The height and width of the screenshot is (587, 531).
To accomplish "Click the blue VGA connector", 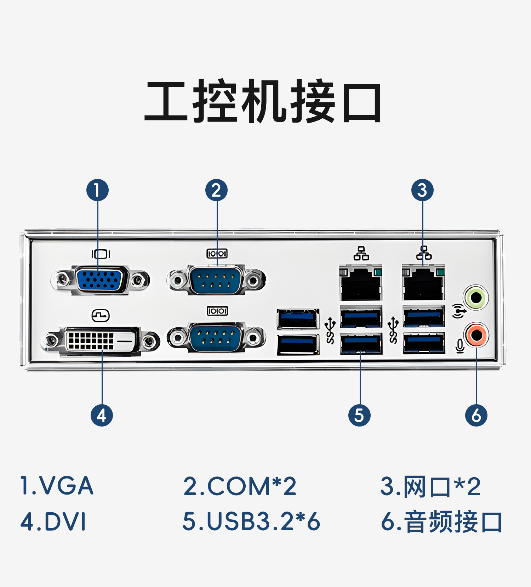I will [x=100, y=279].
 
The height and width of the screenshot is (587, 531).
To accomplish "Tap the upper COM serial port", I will [x=216, y=280].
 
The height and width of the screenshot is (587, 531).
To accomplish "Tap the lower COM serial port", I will [x=216, y=337].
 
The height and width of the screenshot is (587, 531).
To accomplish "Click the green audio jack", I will [x=476, y=298].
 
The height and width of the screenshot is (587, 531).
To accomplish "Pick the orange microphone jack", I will [x=476, y=335].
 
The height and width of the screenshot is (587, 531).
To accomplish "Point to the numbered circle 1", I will [x=97, y=190].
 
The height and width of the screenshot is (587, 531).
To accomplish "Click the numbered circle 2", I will [x=216, y=190].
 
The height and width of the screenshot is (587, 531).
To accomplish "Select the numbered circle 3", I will [x=422, y=190].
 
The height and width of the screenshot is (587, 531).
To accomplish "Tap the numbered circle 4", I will [x=102, y=415].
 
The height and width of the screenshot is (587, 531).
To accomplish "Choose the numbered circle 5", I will [x=359, y=415].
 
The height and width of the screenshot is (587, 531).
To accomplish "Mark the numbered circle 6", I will [x=476, y=415].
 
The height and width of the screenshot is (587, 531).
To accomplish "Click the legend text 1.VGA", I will [x=57, y=486].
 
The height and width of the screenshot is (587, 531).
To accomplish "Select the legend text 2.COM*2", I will [x=240, y=486].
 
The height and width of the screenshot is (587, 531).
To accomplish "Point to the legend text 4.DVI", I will [x=53, y=521].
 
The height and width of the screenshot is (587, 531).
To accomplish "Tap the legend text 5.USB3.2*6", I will [x=251, y=521].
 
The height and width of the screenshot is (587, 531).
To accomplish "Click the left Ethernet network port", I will [x=360, y=283].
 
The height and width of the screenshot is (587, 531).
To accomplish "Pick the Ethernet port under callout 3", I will [x=423, y=283].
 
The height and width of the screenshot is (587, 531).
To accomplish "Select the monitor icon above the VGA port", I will [x=101, y=254].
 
